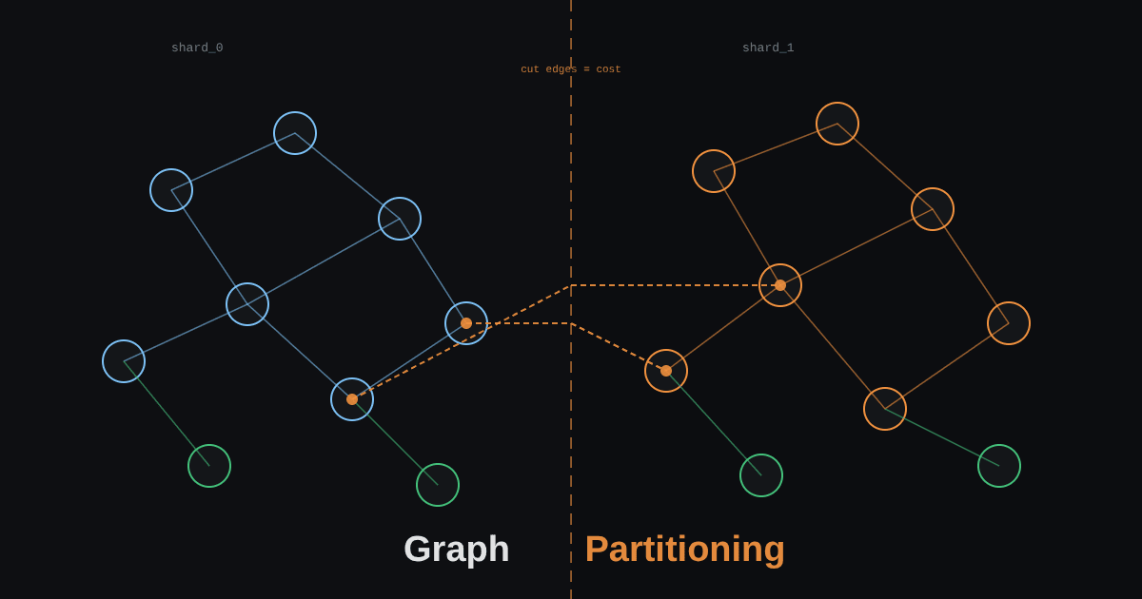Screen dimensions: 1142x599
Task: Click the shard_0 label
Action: click(197, 48)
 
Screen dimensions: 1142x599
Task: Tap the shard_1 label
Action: click(768, 48)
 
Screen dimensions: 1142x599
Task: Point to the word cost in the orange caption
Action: click(608, 69)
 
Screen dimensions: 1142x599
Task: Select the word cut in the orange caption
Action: click(530, 69)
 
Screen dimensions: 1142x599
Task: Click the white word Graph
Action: click(456, 550)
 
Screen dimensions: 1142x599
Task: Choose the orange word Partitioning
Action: click(684, 550)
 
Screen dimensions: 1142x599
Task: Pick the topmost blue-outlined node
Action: click(295, 112)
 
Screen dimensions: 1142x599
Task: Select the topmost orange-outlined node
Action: click(837, 103)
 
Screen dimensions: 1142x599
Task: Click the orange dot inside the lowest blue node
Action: click(352, 399)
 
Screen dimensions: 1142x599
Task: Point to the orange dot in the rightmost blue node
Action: click(466, 323)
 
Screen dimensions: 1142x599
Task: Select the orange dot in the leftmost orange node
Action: click(666, 371)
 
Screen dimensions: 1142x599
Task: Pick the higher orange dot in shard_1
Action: click(780, 285)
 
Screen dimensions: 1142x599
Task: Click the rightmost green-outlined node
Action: click(998, 445)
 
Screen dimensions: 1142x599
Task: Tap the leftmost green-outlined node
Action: click(209, 445)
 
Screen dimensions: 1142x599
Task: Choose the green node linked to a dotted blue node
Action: click(438, 464)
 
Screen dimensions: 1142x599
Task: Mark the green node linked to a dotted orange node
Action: click(761, 454)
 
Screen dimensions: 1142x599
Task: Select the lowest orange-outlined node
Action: click(884, 388)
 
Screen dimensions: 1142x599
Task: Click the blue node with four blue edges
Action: click(247, 283)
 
